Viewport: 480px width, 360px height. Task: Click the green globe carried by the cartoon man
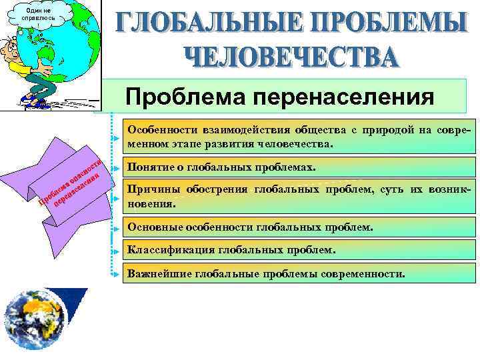63,40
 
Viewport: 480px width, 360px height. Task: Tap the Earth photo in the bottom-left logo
33,320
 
